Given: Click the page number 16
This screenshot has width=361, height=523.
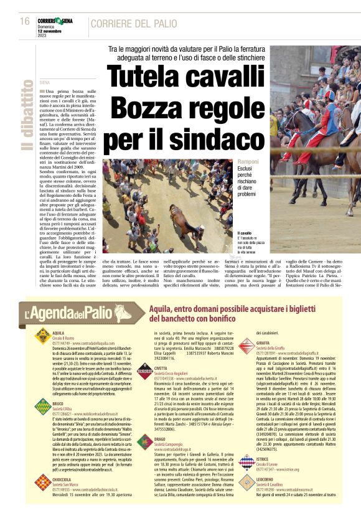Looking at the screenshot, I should pyautogui.click(x=24, y=21).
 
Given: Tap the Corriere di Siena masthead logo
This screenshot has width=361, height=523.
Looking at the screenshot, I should pyautogui.click(x=58, y=21).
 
